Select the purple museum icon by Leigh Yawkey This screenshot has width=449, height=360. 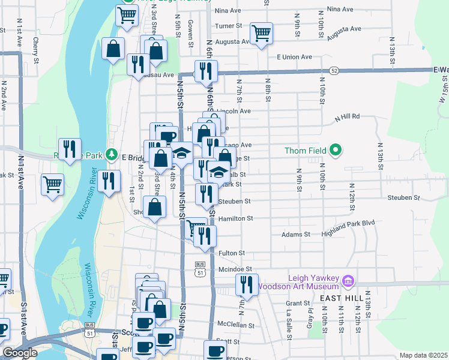click(x=347, y=281)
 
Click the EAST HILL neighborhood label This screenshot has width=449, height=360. click(x=340, y=298)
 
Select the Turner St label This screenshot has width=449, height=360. click(x=228, y=26)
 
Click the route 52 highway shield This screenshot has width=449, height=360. click(x=334, y=71)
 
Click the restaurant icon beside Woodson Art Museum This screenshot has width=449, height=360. click(x=247, y=286)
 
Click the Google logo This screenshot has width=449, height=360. click(x=20, y=353)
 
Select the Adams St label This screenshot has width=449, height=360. click(x=295, y=234)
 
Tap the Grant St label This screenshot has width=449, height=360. click(x=297, y=304)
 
